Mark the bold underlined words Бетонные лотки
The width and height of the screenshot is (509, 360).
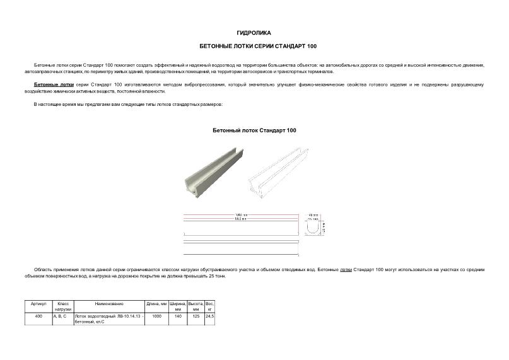point(54,84)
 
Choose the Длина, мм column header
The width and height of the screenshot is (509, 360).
point(156,304)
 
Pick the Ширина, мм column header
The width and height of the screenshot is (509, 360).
point(178,306)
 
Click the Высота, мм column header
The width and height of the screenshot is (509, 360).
point(196,306)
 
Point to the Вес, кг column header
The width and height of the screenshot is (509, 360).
point(210,306)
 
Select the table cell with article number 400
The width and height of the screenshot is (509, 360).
point(38,316)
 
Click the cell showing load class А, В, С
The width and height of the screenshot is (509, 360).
point(60,316)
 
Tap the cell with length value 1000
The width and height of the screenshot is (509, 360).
point(156,316)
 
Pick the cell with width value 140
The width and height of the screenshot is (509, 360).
point(178,316)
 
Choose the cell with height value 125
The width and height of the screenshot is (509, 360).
point(196,316)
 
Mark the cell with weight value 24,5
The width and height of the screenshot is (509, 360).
point(210,316)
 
